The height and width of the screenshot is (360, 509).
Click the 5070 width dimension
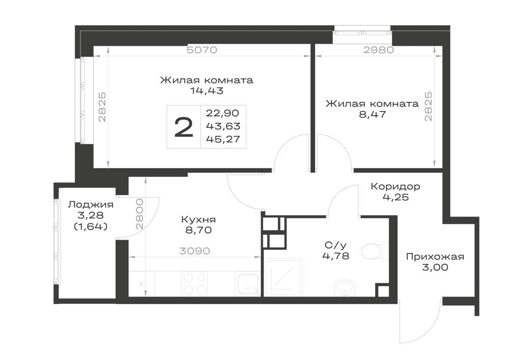(202, 50)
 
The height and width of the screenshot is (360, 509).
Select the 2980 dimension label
(379, 50)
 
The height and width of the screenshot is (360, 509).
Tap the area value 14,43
(207, 91)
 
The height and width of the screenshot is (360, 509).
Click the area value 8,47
(373, 114)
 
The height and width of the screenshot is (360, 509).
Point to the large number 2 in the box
(184, 127)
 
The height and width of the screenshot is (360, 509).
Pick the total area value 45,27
(223, 139)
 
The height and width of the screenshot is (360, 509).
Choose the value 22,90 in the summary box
(223, 113)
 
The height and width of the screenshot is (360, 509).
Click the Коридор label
(395, 187)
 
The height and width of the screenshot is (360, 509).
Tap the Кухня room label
(199, 220)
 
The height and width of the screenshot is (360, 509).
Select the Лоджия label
(91, 205)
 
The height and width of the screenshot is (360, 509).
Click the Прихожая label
(435, 257)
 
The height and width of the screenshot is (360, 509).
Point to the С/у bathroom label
(335, 245)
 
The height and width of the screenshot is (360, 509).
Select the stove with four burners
(195, 283)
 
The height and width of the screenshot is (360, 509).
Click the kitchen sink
(248, 284)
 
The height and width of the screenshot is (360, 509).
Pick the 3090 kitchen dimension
(194, 251)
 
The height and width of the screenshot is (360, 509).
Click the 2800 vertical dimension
(139, 214)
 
